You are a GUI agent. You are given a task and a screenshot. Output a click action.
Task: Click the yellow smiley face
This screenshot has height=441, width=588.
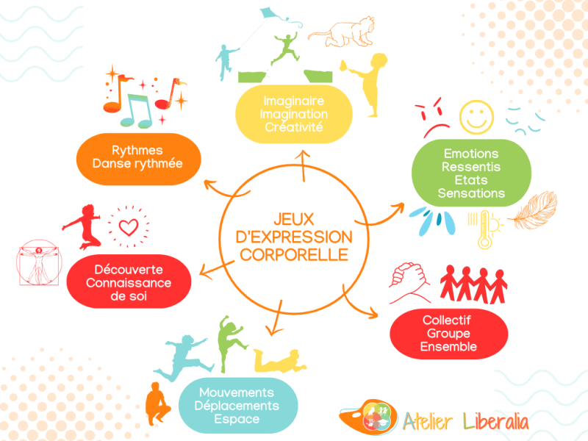click(x=476, y=117)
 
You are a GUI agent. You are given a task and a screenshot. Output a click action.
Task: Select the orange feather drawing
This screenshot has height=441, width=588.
click(x=532, y=210)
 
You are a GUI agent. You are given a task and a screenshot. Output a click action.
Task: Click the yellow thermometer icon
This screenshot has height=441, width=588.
click(x=485, y=229)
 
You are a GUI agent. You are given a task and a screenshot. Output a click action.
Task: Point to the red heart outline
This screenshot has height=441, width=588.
click(x=128, y=227)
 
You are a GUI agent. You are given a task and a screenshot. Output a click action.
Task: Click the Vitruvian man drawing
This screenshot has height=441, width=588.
click(x=39, y=262)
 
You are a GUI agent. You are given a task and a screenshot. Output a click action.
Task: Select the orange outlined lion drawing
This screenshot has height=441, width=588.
click(x=341, y=32)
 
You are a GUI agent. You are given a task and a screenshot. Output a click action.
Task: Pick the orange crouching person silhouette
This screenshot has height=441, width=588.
click(x=157, y=404)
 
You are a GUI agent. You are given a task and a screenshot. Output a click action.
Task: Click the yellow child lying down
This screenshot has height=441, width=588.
click(x=279, y=361)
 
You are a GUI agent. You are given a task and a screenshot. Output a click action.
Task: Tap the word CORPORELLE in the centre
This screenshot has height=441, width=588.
click(x=294, y=255)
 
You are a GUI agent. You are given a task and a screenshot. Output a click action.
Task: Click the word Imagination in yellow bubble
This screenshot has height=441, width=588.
click(x=293, y=114)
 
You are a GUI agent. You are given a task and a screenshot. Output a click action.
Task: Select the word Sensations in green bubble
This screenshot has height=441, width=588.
click(x=471, y=193)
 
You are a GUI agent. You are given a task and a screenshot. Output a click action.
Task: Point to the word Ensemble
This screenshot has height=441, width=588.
click(x=448, y=346)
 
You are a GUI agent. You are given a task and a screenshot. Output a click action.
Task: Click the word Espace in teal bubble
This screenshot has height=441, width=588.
click(x=237, y=419)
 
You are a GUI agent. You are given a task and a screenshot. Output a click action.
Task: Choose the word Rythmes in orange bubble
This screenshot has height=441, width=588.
click(x=137, y=151)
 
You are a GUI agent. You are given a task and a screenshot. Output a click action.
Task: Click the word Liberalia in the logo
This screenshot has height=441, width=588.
click(x=495, y=421)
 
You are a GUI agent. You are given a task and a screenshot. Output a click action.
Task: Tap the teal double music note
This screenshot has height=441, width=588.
click(x=137, y=111)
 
